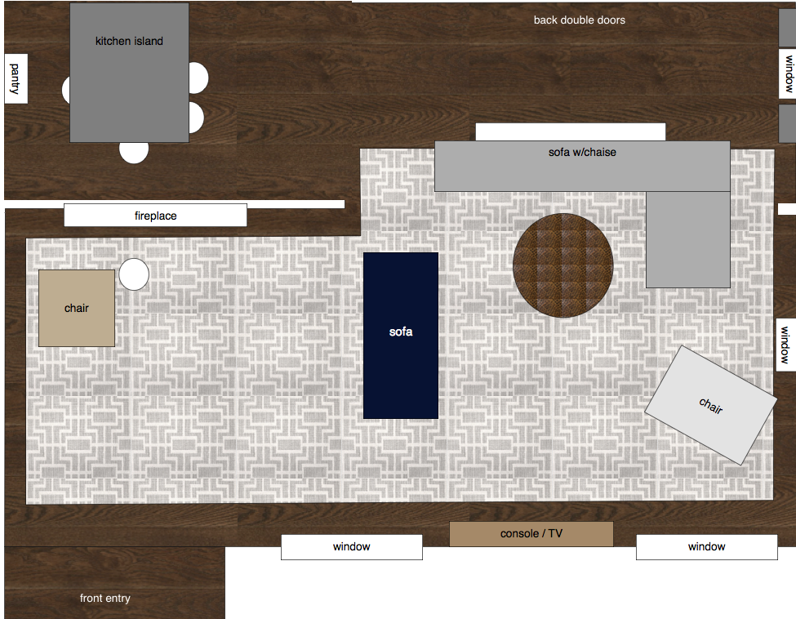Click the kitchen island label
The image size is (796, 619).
(129, 41)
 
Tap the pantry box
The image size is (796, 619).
(16, 78)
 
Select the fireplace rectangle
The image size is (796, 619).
(155, 216)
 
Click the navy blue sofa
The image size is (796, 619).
(401, 336)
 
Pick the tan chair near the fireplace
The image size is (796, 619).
(77, 308)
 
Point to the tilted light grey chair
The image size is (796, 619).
(711, 405)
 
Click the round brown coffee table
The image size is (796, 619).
(563, 265)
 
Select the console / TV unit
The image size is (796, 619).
(531, 534)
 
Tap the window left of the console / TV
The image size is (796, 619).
(352, 547)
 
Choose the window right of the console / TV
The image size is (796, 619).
(707, 547)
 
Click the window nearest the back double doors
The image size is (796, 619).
(787, 73)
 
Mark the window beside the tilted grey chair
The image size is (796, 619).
(786, 345)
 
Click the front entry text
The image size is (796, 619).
(105, 599)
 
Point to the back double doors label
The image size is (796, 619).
(579, 20)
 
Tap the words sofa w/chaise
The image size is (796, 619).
(582, 152)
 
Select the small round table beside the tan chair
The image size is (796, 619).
(134, 274)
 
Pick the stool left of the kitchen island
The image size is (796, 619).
(66, 90)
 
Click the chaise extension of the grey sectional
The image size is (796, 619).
(688, 239)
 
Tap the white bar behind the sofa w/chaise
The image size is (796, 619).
(571, 131)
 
